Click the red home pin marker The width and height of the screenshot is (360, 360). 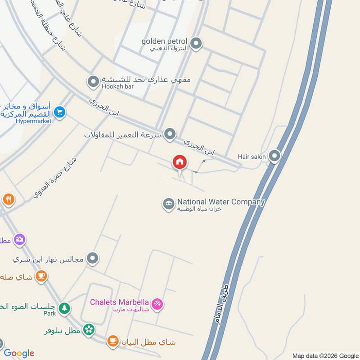click(x=180, y=163)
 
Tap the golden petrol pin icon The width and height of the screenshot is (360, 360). click(x=196, y=44)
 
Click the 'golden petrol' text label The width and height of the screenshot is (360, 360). click(x=164, y=41)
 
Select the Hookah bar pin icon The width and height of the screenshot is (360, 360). click(x=93, y=82)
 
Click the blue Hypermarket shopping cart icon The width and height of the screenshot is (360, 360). click(x=59, y=112)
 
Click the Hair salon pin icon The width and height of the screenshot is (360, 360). click(x=274, y=157)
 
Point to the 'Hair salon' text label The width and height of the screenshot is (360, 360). click(x=252, y=157)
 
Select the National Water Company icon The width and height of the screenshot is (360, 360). click(x=169, y=204)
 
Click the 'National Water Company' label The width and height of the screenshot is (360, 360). click(x=220, y=202)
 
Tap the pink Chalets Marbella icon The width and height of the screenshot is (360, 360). click(x=157, y=305)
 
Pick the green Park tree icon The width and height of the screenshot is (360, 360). click(x=64, y=308)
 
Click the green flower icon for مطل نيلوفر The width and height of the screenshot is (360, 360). click(x=89, y=330)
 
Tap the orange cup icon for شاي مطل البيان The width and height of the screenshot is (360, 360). click(x=112, y=342)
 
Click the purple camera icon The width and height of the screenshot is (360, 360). click(x=19, y=239)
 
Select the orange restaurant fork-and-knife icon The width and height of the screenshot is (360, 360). click(x=8, y=198)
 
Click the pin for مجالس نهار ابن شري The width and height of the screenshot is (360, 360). click(x=93, y=258)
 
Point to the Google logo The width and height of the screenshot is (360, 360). click(x=19, y=353)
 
